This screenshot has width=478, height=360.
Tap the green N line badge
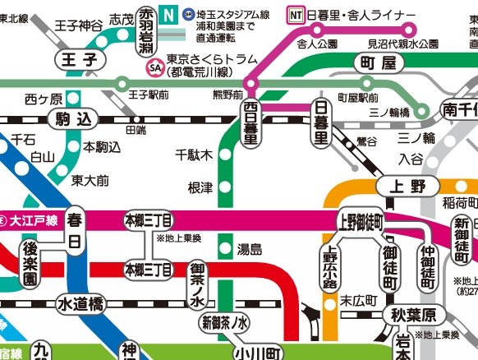(x=169, y=13)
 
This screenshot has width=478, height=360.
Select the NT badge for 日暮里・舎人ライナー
(x=295, y=14)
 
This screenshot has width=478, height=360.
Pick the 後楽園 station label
(x=30, y=264)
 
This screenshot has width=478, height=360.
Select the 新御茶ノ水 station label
(x=223, y=323)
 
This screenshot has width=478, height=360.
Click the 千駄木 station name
(x=195, y=155)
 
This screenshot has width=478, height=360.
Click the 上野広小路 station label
(x=330, y=269)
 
